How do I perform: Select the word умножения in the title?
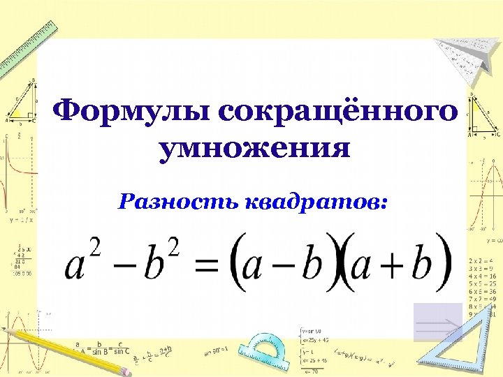(254, 149)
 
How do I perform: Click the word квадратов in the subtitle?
(314, 202)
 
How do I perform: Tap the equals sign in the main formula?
(210, 266)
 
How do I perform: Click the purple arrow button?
(437, 322)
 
